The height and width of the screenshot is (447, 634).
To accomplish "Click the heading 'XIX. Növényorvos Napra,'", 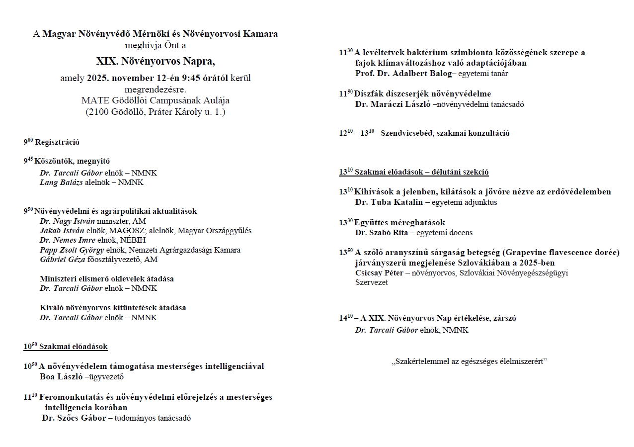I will [156, 62].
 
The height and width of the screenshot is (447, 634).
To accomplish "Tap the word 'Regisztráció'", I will [57, 142].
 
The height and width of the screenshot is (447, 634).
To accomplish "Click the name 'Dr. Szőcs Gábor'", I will [74, 418].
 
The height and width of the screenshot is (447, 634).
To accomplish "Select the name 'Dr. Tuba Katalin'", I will [389, 202].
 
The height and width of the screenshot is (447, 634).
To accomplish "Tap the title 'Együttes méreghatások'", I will [399, 222].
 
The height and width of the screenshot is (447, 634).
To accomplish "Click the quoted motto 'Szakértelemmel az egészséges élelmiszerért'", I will [469, 361].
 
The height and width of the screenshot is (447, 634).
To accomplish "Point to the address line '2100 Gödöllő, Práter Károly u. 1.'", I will [156, 112].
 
